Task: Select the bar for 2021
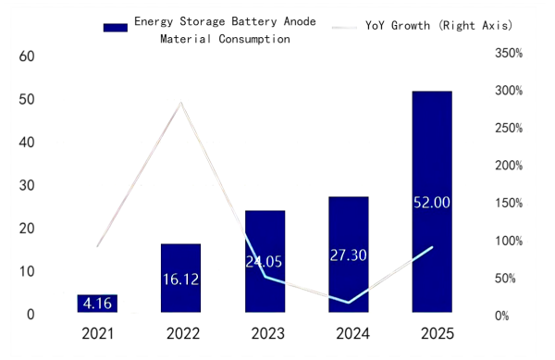pos(97,304)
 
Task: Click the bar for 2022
pos(180,279)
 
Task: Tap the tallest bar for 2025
pos(431,203)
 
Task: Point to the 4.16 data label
pos(97,303)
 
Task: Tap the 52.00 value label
pos(431,203)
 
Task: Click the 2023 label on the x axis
pos(265,333)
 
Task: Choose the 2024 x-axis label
pos(348,333)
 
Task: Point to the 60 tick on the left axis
pos(27,56)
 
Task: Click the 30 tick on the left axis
pos(27,185)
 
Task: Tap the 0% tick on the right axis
pos(508,317)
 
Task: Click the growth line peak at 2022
pos(181,102)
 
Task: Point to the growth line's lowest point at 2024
pos(348,302)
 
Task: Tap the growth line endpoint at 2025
pos(431,247)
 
